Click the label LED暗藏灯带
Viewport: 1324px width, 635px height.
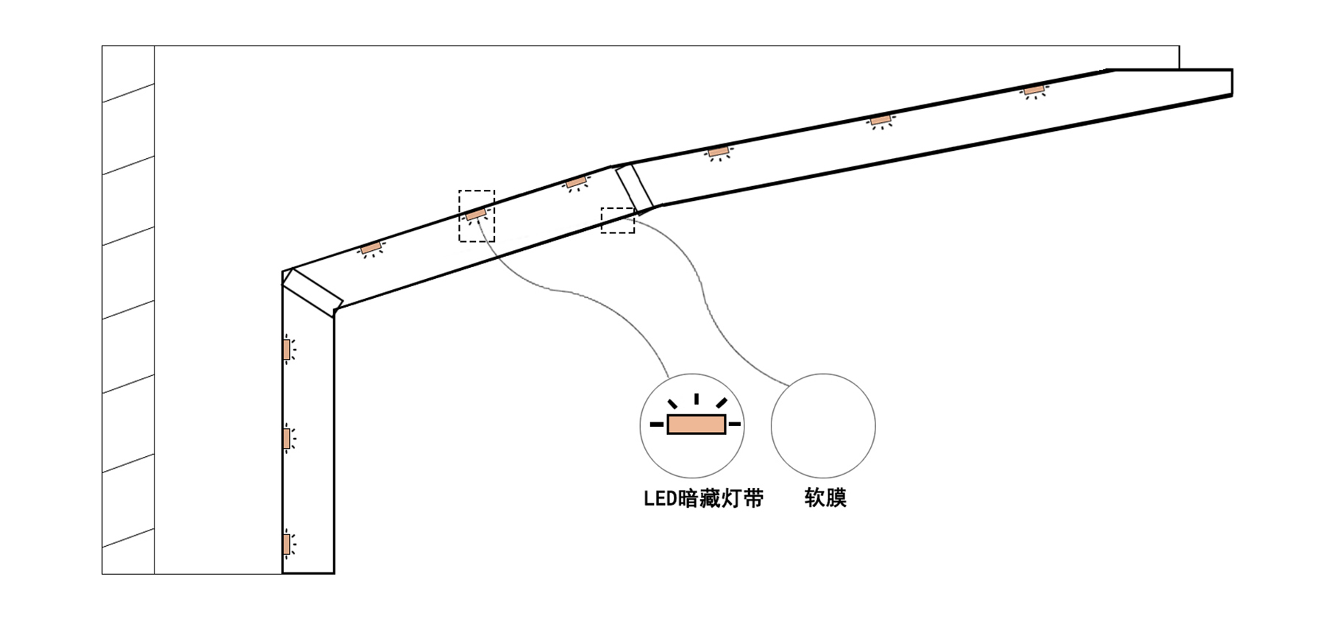703,499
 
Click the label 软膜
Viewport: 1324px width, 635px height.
825,498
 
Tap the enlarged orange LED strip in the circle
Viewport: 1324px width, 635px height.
696,425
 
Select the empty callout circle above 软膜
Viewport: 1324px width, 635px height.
823,425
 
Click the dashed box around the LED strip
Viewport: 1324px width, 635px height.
477,216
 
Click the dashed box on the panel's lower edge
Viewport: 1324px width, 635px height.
618,221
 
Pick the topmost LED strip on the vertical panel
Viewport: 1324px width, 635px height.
286,350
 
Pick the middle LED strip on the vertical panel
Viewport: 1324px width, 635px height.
286,439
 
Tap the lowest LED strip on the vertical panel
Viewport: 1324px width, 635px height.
286,544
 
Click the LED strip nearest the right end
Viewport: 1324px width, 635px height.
1034,91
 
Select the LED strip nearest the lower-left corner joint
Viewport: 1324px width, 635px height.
370,248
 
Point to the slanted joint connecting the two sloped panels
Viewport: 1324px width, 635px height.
634,188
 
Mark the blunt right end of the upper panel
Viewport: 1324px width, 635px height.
1231,82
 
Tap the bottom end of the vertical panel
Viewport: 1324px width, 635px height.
308,572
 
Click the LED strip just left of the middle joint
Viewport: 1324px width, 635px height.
576,182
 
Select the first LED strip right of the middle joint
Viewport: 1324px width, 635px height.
718,152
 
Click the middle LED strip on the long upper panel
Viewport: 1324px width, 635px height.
880,120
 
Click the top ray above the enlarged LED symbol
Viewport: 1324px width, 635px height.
696,399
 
